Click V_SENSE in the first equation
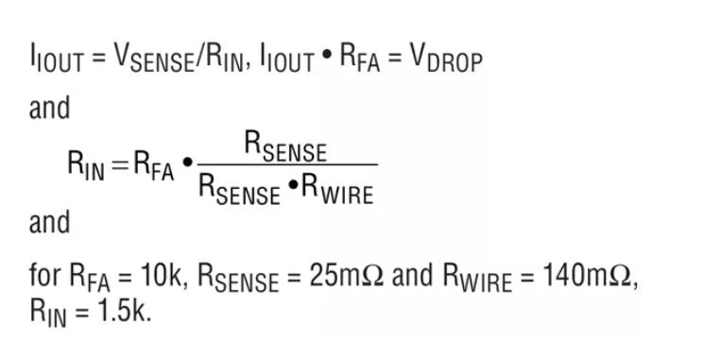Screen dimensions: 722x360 (154, 60)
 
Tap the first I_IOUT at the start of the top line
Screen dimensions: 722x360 (57, 60)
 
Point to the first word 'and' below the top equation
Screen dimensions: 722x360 (50, 108)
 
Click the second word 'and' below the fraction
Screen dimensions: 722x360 (50, 222)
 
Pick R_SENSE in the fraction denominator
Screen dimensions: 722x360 (239, 190)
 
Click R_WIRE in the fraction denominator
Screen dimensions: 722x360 (337, 190)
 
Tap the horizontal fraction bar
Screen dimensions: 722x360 (287, 164)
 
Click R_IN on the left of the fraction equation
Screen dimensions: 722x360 (86, 164)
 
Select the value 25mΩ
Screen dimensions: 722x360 (346, 276)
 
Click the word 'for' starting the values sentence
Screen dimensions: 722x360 (45, 276)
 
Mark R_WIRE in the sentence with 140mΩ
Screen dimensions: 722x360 (477, 278)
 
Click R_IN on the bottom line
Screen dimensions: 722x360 (48, 313)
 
